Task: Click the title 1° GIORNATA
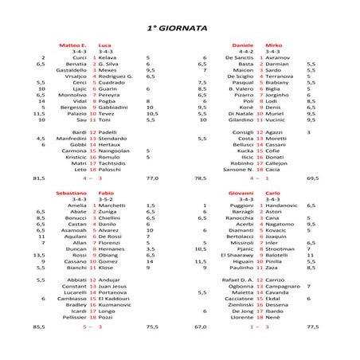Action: pos(179,27)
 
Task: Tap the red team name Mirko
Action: pos(273,45)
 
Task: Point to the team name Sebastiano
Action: pos(71,193)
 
